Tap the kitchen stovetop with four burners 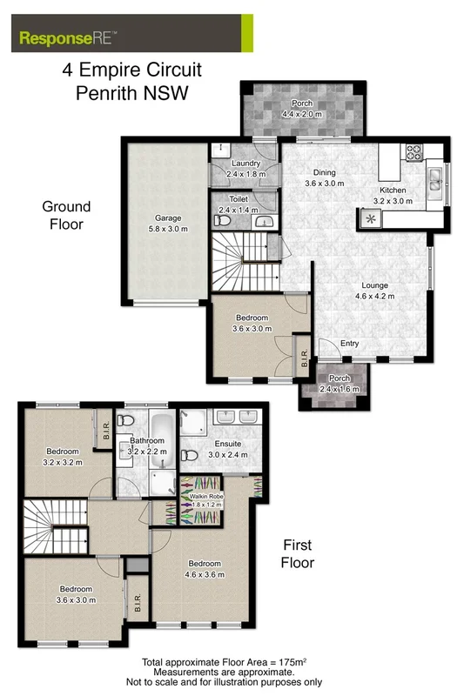point(413,153)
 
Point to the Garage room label point(168,219)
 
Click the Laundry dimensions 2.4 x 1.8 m point(244,174)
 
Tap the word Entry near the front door point(349,343)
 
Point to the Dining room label point(324,172)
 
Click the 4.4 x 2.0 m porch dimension point(302,114)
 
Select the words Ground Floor point(66,215)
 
